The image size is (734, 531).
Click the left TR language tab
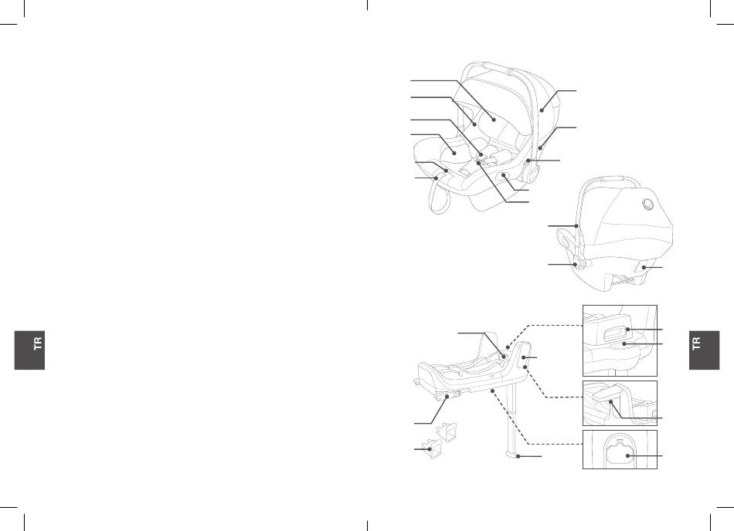click(29, 350)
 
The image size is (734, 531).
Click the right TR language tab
click(704, 350)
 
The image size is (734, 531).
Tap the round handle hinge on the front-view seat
click(530, 172)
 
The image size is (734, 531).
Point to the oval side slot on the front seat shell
click(505, 176)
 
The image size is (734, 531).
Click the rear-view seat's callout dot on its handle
click(576, 226)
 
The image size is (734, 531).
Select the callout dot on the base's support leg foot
click(517, 455)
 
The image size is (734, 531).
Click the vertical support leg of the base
click(512, 416)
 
